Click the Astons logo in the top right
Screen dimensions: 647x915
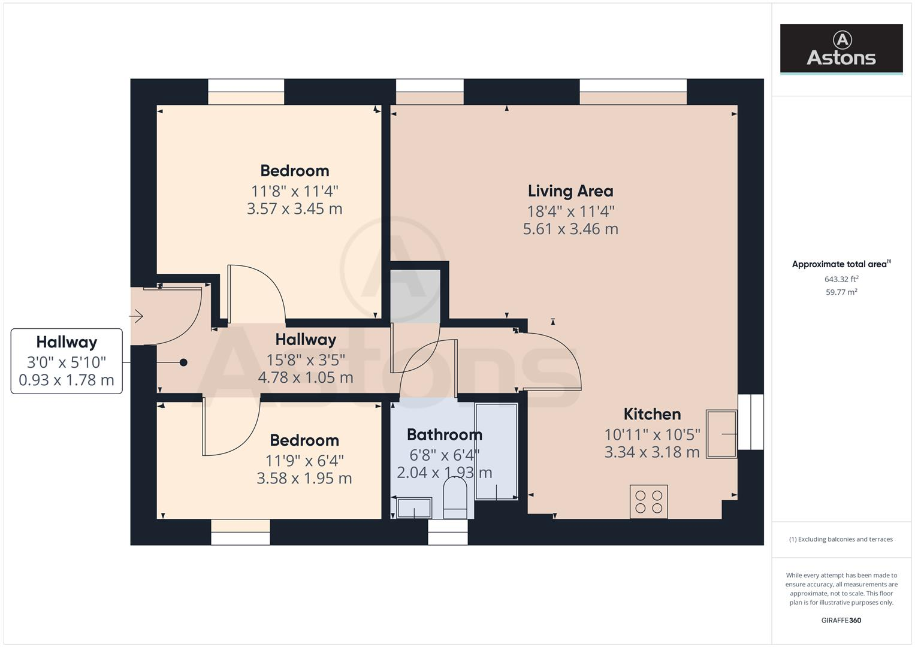[x=841, y=49]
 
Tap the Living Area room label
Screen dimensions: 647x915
[x=570, y=191]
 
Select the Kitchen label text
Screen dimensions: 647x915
[x=652, y=414]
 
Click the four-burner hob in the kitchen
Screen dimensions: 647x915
[x=648, y=501]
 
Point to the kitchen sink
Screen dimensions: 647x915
[x=721, y=434]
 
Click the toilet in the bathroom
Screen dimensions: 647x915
[x=455, y=500]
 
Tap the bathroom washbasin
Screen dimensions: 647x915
[x=414, y=508]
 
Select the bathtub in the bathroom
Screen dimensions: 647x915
[x=496, y=451]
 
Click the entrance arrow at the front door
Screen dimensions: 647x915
[x=137, y=316]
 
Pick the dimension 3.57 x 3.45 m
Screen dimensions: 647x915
[x=294, y=208]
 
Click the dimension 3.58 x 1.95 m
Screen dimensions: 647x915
[x=304, y=478]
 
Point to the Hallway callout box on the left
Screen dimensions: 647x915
[x=67, y=361]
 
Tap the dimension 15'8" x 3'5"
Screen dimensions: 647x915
[x=306, y=359]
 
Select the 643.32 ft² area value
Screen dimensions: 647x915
[x=841, y=279]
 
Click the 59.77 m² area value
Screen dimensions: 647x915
[x=841, y=292]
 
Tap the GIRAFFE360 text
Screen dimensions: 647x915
[x=841, y=620]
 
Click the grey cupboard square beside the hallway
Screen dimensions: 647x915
[x=415, y=296]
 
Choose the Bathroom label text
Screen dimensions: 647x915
[x=444, y=434]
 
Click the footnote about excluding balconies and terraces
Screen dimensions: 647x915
[x=841, y=539]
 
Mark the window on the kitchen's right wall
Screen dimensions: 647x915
[x=750, y=422]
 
